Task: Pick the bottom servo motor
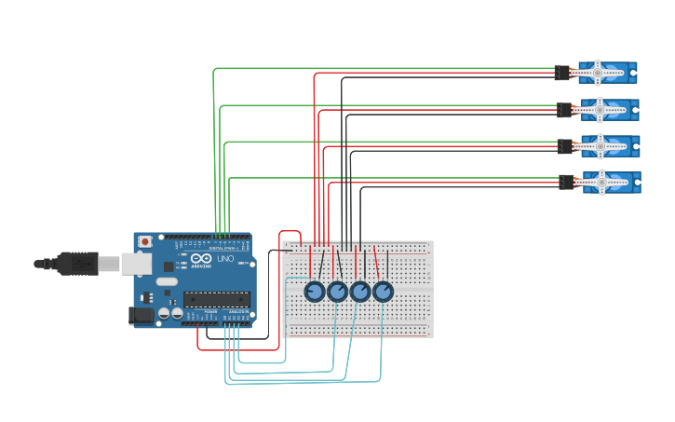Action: click(611, 182)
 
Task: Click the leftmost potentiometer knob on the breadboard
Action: click(315, 292)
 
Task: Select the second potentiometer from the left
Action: click(337, 292)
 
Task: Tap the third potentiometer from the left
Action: click(360, 292)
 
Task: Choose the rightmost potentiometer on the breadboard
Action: click(383, 292)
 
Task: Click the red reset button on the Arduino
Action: click(144, 241)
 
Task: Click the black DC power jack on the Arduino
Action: click(141, 316)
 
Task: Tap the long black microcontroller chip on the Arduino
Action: click(216, 299)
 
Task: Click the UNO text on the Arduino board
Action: click(225, 258)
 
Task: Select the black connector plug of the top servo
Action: click(561, 73)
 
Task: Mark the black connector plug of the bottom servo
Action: click(567, 182)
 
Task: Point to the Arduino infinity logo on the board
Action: click(199, 258)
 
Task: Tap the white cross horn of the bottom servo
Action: click(601, 182)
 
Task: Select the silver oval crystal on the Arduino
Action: click(167, 280)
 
